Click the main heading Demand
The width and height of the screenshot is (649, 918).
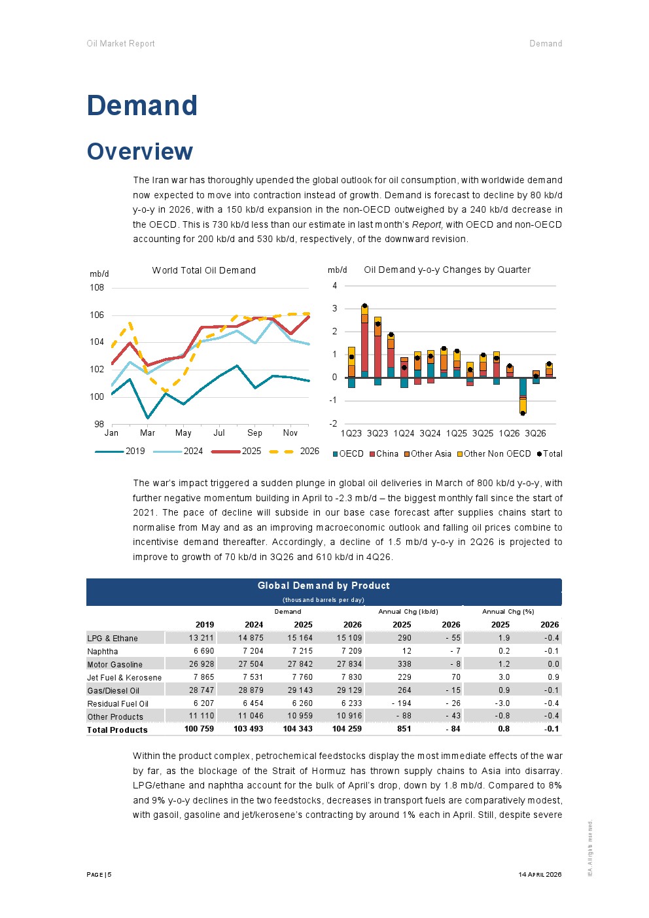[x=142, y=106]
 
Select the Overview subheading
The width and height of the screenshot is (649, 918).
[x=140, y=151]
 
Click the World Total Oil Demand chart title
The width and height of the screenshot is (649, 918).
[x=203, y=270]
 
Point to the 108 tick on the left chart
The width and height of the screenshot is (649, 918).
[x=97, y=288]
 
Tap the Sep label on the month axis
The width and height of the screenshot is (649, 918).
[x=254, y=433]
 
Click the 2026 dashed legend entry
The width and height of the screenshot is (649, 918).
[x=294, y=451]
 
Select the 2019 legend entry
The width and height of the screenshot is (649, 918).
[x=120, y=451]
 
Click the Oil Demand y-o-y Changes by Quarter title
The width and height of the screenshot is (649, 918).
[x=447, y=270]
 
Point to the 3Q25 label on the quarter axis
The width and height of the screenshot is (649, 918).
[x=483, y=434]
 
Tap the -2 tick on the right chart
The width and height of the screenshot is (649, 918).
[x=334, y=423]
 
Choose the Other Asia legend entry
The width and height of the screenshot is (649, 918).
[x=428, y=454]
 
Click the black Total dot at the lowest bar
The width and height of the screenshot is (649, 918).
[x=523, y=413]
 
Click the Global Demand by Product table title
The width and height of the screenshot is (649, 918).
[x=324, y=586]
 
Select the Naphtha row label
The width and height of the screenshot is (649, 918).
[x=103, y=652]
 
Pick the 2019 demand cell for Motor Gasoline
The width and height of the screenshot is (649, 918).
[x=202, y=664]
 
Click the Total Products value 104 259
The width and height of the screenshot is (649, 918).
[x=347, y=729]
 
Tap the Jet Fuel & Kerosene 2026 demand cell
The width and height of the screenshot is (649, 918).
[x=349, y=677]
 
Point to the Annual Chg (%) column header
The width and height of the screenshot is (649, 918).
[x=508, y=611]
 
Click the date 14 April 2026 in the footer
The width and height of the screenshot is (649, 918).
[x=540, y=875]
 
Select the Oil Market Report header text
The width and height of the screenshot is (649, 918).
[x=121, y=43]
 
